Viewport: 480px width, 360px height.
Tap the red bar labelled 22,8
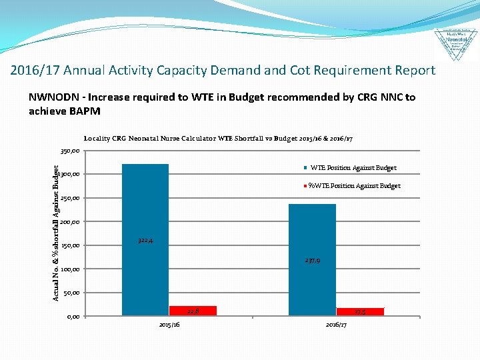pyautogui.click(x=193, y=310)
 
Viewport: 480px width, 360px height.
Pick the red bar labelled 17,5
pyautogui.click(x=360, y=311)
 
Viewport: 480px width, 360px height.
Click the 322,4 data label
pyautogui.click(x=145, y=240)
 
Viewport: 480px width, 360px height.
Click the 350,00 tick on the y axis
pyautogui.click(x=70, y=151)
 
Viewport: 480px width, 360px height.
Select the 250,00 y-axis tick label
pyautogui.click(x=70, y=199)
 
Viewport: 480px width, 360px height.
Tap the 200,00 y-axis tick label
pyautogui.click(x=70, y=222)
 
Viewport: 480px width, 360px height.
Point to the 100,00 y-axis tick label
pyautogui.click(x=70, y=269)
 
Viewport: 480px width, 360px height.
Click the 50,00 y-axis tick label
pyautogui.click(x=71, y=293)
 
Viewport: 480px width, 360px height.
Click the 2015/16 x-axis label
pyautogui.click(x=169, y=325)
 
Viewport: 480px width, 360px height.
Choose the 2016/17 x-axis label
pyautogui.click(x=336, y=325)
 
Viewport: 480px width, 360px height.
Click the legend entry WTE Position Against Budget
pyautogui.click(x=353, y=168)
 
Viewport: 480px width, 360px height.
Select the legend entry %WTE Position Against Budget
pyautogui.click(x=354, y=186)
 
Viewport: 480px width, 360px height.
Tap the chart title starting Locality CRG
pyautogui.click(x=218, y=139)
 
